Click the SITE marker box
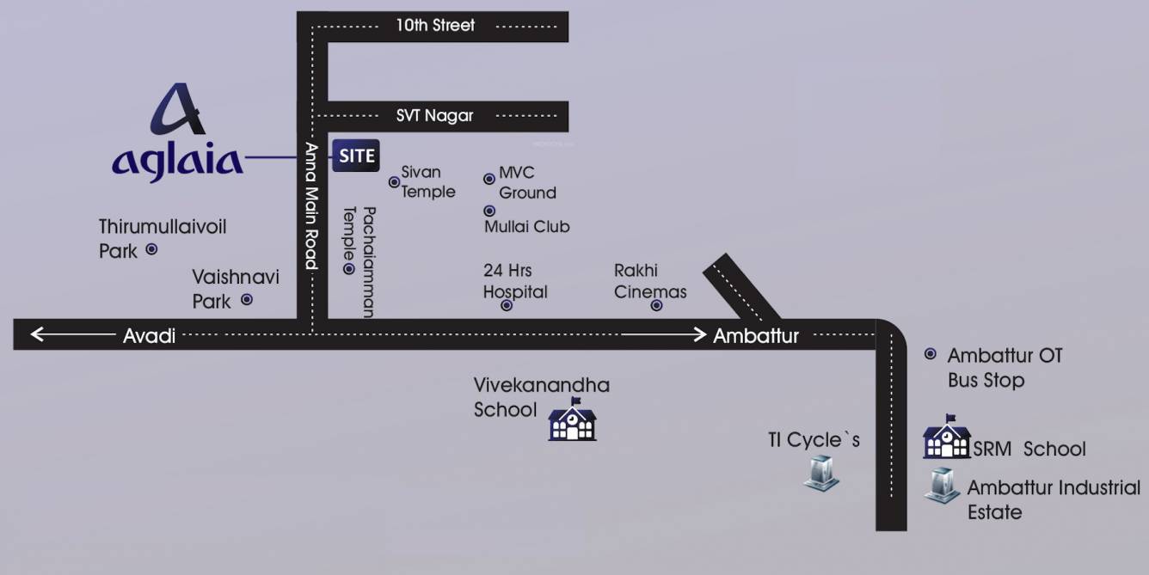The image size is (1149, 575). pos(356,156)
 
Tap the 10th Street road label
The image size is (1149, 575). pos(435,26)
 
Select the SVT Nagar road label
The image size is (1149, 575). pos(434,115)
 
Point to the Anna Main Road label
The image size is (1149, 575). pos(311,206)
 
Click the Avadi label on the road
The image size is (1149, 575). pos(149,335)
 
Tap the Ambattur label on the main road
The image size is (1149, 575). pos(755,335)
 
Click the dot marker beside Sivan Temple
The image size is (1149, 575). pos(394,181)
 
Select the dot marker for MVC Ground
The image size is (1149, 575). pos(489,179)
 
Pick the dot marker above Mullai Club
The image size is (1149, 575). pos(489,211)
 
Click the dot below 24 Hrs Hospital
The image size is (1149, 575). pos(507,305)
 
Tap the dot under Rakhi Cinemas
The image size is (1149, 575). pos(656,305)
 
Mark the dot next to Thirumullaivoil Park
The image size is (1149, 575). pos(151,249)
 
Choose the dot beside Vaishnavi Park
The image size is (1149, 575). pos(247,300)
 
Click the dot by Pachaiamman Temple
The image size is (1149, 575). pos(348,269)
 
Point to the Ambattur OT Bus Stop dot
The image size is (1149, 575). pos(930,353)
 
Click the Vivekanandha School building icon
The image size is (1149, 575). pos(572,420)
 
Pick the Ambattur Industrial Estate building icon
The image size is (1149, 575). pos(942,486)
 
